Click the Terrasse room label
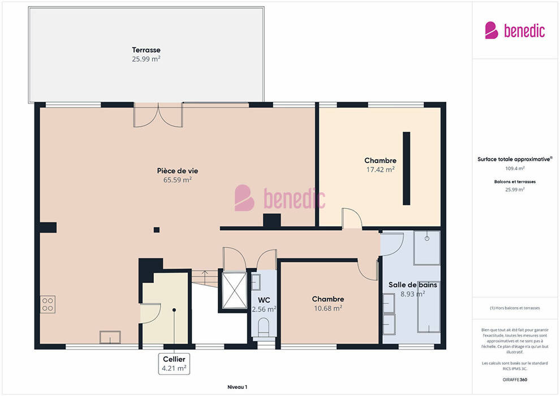pos(146,50)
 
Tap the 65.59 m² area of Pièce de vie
pos(178,180)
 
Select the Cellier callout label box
pos(174,364)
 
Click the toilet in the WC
pos(264,328)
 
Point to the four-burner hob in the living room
pos(48,304)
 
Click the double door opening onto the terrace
pos(158,115)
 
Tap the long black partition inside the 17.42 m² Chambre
pos(407,169)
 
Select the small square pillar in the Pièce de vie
pos(157,230)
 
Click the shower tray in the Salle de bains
pos(427,248)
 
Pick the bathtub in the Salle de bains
pos(429,307)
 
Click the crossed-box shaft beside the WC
pos(234,290)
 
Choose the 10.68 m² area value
pos(328,308)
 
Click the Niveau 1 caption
pos(237,387)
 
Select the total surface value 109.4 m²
pos(515,168)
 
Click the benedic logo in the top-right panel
pos(515,31)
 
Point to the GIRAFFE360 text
pos(515,380)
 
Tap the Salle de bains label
pos(413,285)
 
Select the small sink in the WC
pos(256,282)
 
